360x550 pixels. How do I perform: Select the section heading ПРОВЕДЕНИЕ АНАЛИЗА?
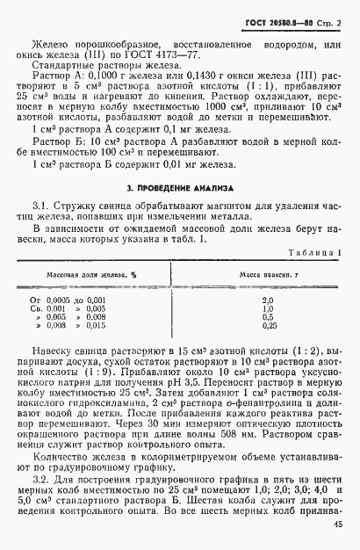(x=180, y=188)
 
